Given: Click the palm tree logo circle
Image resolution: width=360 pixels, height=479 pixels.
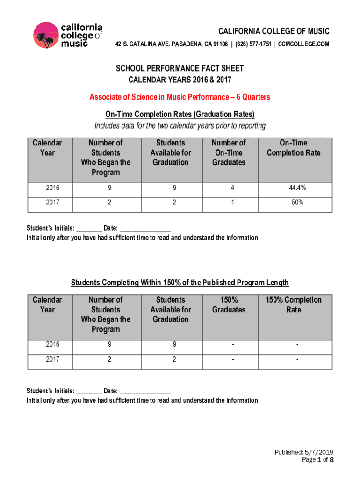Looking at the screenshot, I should click(x=46, y=35).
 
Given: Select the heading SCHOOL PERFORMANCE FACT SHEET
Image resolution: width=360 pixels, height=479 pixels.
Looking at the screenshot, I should click(x=180, y=69).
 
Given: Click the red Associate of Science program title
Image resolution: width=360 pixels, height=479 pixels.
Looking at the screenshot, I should click(x=180, y=97).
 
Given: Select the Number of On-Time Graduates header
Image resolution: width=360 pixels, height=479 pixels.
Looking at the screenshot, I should click(x=229, y=152).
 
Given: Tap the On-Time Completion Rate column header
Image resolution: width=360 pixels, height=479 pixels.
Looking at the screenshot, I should click(x=293, y=148).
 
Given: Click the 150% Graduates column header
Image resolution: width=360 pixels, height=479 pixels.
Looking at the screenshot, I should click(x=229, y=305).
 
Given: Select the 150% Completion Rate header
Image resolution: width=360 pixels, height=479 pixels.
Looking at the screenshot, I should click(x=293, y=305).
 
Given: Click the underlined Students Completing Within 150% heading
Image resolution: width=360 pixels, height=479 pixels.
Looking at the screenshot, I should click(x=180, y=283).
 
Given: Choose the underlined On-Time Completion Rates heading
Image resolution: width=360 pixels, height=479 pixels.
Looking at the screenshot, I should click(x=180, y=115).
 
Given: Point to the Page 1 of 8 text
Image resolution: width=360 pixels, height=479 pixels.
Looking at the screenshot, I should click(x=317, y=460).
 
